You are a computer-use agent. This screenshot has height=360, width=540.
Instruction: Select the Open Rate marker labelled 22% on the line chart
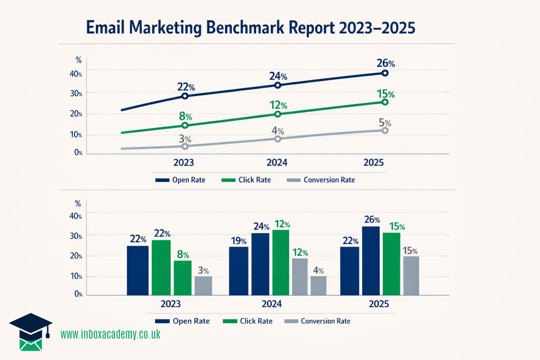click(185, 96)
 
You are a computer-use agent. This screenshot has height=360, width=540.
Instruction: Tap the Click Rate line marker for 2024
click(278, 114)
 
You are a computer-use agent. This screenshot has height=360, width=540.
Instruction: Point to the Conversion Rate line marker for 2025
click(385, 130)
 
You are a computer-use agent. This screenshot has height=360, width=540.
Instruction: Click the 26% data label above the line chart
click(386, 63)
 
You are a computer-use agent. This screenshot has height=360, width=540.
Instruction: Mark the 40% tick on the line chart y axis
click(76, 74)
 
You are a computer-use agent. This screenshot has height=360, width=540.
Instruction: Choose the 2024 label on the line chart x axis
click(278, 162)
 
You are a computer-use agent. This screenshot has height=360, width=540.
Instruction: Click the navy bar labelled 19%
click(238, 270)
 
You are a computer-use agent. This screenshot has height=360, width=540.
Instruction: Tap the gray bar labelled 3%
click(203, 285)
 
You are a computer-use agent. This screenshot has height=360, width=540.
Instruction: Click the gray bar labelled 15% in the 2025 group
click(411, 275)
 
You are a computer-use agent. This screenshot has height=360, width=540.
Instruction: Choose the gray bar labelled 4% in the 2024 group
click(318, 285)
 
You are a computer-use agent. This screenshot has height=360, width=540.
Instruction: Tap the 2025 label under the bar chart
click(379, 304)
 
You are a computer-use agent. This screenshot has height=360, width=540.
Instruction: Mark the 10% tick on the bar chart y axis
click(76, 276)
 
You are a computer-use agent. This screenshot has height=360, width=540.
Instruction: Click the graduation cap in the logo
click(31, 324)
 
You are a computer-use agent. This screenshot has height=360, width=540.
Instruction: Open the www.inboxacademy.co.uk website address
click(110, 334)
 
